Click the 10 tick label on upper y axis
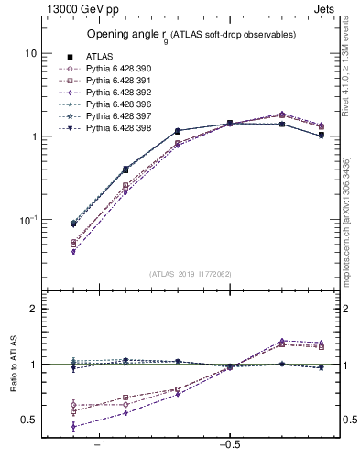[x=30, y=53]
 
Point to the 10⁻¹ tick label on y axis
[x=28, y=220]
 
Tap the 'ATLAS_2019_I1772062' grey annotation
[x=191, y=273]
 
